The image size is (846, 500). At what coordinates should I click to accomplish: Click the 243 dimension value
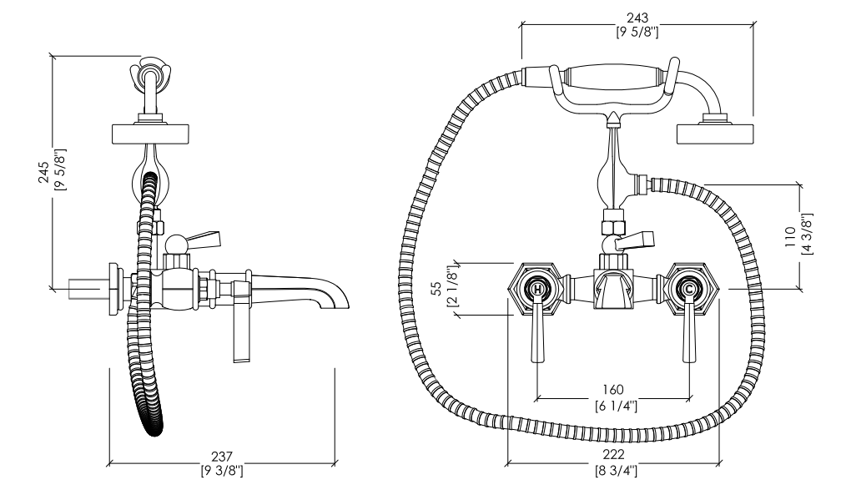click(637, 18)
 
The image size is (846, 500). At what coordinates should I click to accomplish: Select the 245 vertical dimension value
click(44, 173)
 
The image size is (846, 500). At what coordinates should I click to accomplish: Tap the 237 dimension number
click(222, 457)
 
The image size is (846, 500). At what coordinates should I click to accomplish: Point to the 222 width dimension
click(613, 455)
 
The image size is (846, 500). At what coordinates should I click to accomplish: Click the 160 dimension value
click(613, 389)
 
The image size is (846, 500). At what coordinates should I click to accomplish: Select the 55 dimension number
click(436, 290)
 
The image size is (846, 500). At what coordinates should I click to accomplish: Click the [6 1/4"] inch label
click(616, 406)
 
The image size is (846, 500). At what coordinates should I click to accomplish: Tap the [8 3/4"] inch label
click(616, 471)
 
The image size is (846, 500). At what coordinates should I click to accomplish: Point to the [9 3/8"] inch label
click(222, 472)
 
